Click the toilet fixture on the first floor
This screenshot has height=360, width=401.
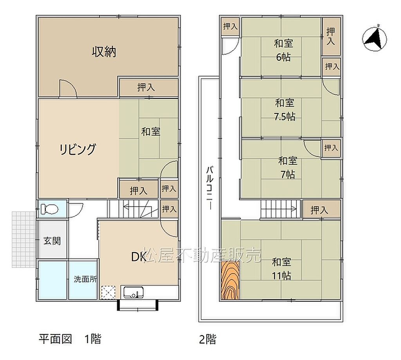(x=50, y=209)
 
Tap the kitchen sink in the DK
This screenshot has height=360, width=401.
(x=133, y=292)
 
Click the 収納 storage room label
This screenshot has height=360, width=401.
(x=104, y=52)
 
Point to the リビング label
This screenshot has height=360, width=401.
(x=78, y=149)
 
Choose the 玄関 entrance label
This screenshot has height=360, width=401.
(x=52, y=241)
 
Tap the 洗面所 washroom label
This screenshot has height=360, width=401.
(x=85, y=279)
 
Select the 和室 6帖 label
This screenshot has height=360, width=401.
(x=284, y=50)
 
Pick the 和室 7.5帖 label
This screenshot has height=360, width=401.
(x=285, y=110)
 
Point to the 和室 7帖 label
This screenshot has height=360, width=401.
(x=288, y=168)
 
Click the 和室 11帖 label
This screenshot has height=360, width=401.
(x=281, y=269)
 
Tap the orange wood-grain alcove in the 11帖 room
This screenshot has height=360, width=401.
(x=230, y=280)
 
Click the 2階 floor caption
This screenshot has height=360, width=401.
(x=208, y=339)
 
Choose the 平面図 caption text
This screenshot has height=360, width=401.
(x=55, y=339)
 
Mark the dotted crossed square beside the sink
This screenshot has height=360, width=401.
(x=108, y=292)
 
